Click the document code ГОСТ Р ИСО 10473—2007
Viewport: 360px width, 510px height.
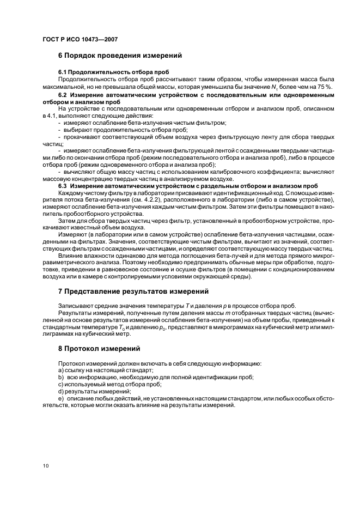coord(80,40)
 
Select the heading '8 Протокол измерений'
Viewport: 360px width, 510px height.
coord(100,348)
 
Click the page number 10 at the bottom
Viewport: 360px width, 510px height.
coord(45,465)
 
